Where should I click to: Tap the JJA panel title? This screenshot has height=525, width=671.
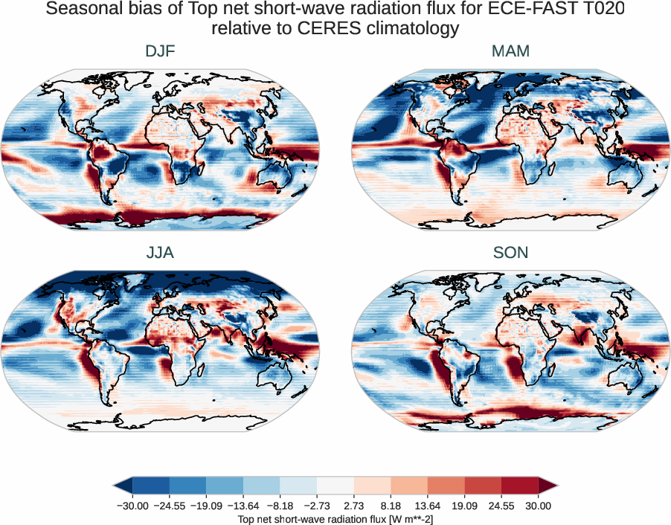160,253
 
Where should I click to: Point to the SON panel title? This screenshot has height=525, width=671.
510,253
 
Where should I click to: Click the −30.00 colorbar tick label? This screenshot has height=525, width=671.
132,506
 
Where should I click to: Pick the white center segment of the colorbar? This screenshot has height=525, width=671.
335,486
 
